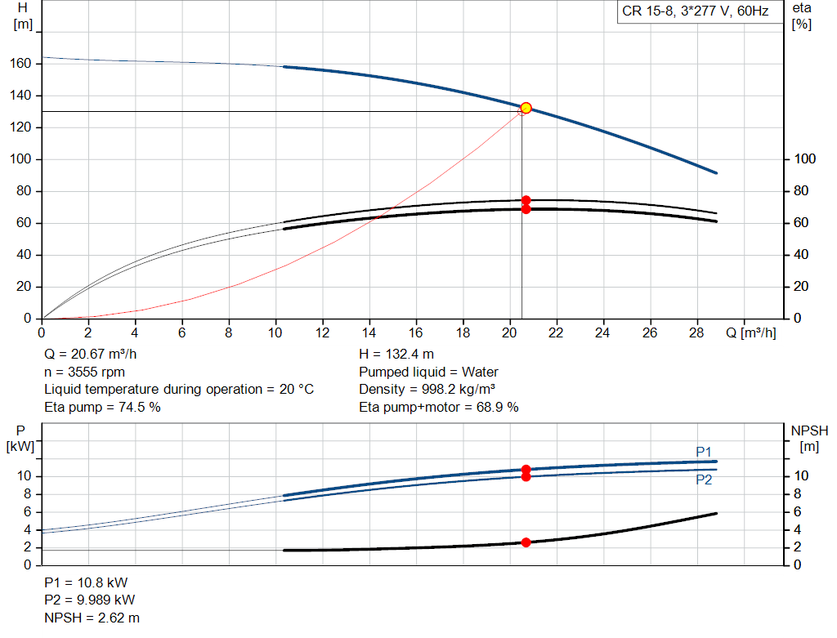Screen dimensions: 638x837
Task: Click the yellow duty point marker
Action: (x=526, y=108)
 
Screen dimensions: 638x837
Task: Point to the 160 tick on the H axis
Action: (x=22, y=64)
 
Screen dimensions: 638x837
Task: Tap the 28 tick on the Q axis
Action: (x=697, y=332)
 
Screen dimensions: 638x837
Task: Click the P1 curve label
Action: (x=704, y=452)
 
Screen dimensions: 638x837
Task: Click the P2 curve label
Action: (x=704, y=480)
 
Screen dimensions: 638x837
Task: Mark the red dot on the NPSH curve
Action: (x=526, y=542)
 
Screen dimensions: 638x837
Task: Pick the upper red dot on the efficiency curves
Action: (x=526, y=200)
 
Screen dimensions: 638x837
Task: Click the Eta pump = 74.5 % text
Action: (x=102, y=407)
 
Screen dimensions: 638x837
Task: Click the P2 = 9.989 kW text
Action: (x=90, y=600)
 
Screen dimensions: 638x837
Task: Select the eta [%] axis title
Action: (x=802, y=16)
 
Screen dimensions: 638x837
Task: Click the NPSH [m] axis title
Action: (x=809, y=438)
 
